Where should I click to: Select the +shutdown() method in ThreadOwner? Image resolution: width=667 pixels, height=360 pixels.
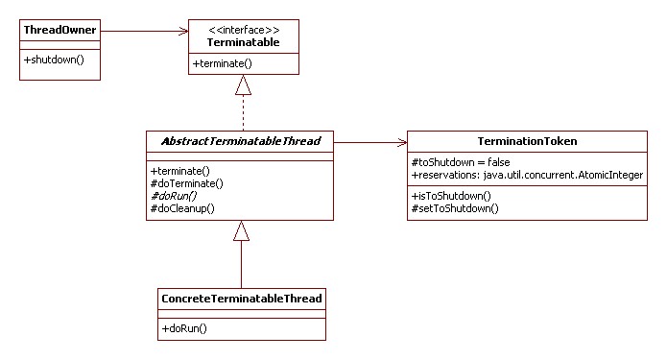[52, 60]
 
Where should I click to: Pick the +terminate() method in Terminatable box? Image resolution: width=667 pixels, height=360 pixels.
[224, 63]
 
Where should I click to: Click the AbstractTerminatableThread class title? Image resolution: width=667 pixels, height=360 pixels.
[240, 142]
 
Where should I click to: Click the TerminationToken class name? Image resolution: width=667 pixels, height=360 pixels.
[526, 142]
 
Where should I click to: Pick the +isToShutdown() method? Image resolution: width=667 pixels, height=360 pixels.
[451, 196]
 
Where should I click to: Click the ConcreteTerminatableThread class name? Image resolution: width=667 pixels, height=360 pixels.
[241, 300]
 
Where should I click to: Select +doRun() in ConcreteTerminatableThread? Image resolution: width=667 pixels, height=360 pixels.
[184, 327]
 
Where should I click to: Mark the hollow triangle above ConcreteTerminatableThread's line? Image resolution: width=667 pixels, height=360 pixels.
[242, 231]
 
